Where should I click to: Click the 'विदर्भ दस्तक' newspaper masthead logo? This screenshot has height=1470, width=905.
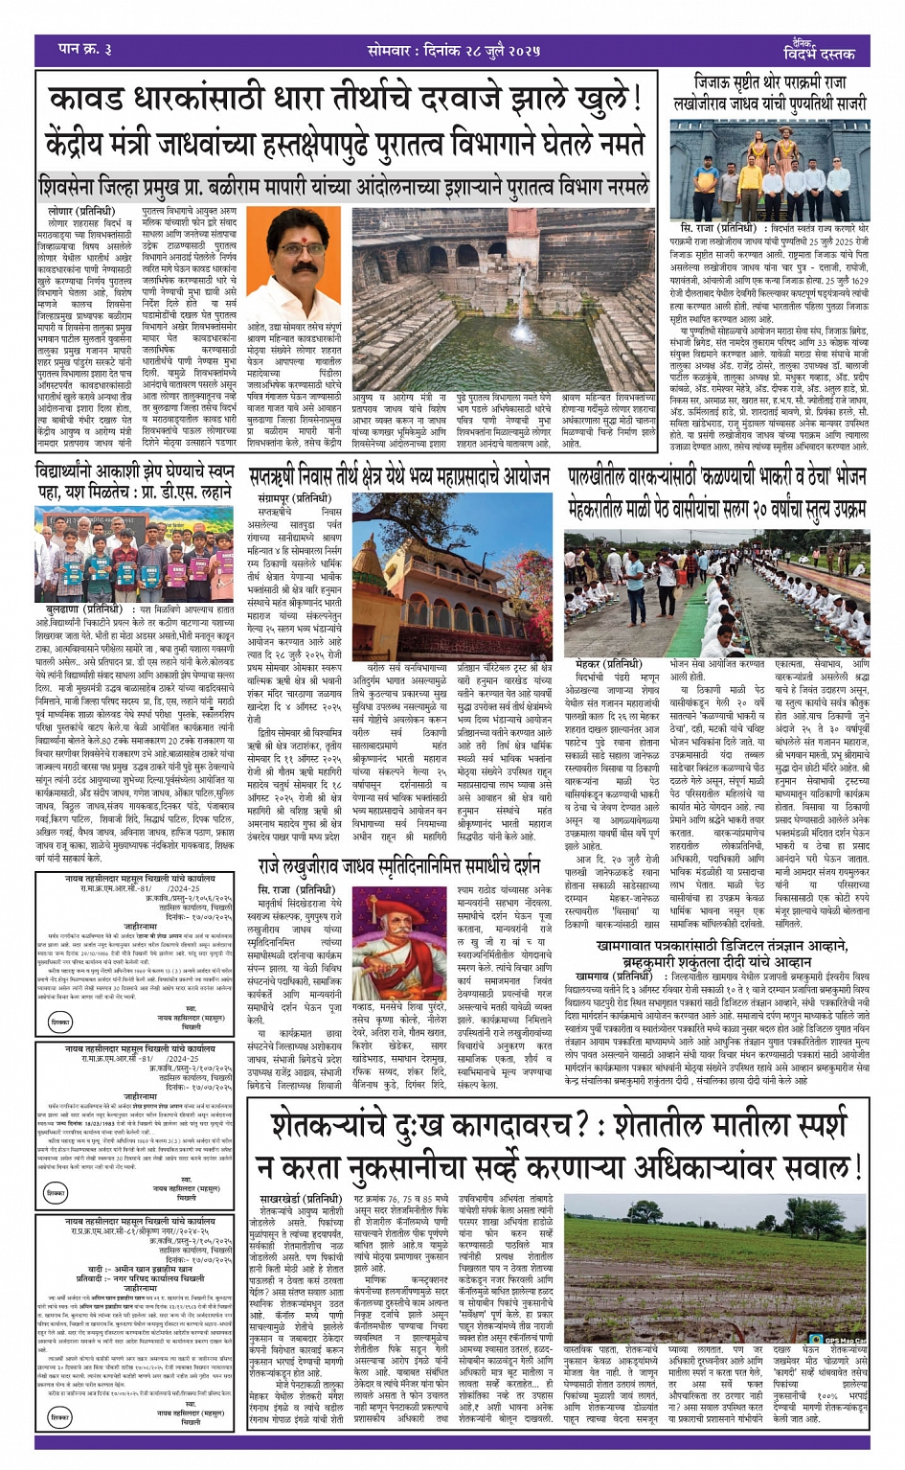pos(815,51)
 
